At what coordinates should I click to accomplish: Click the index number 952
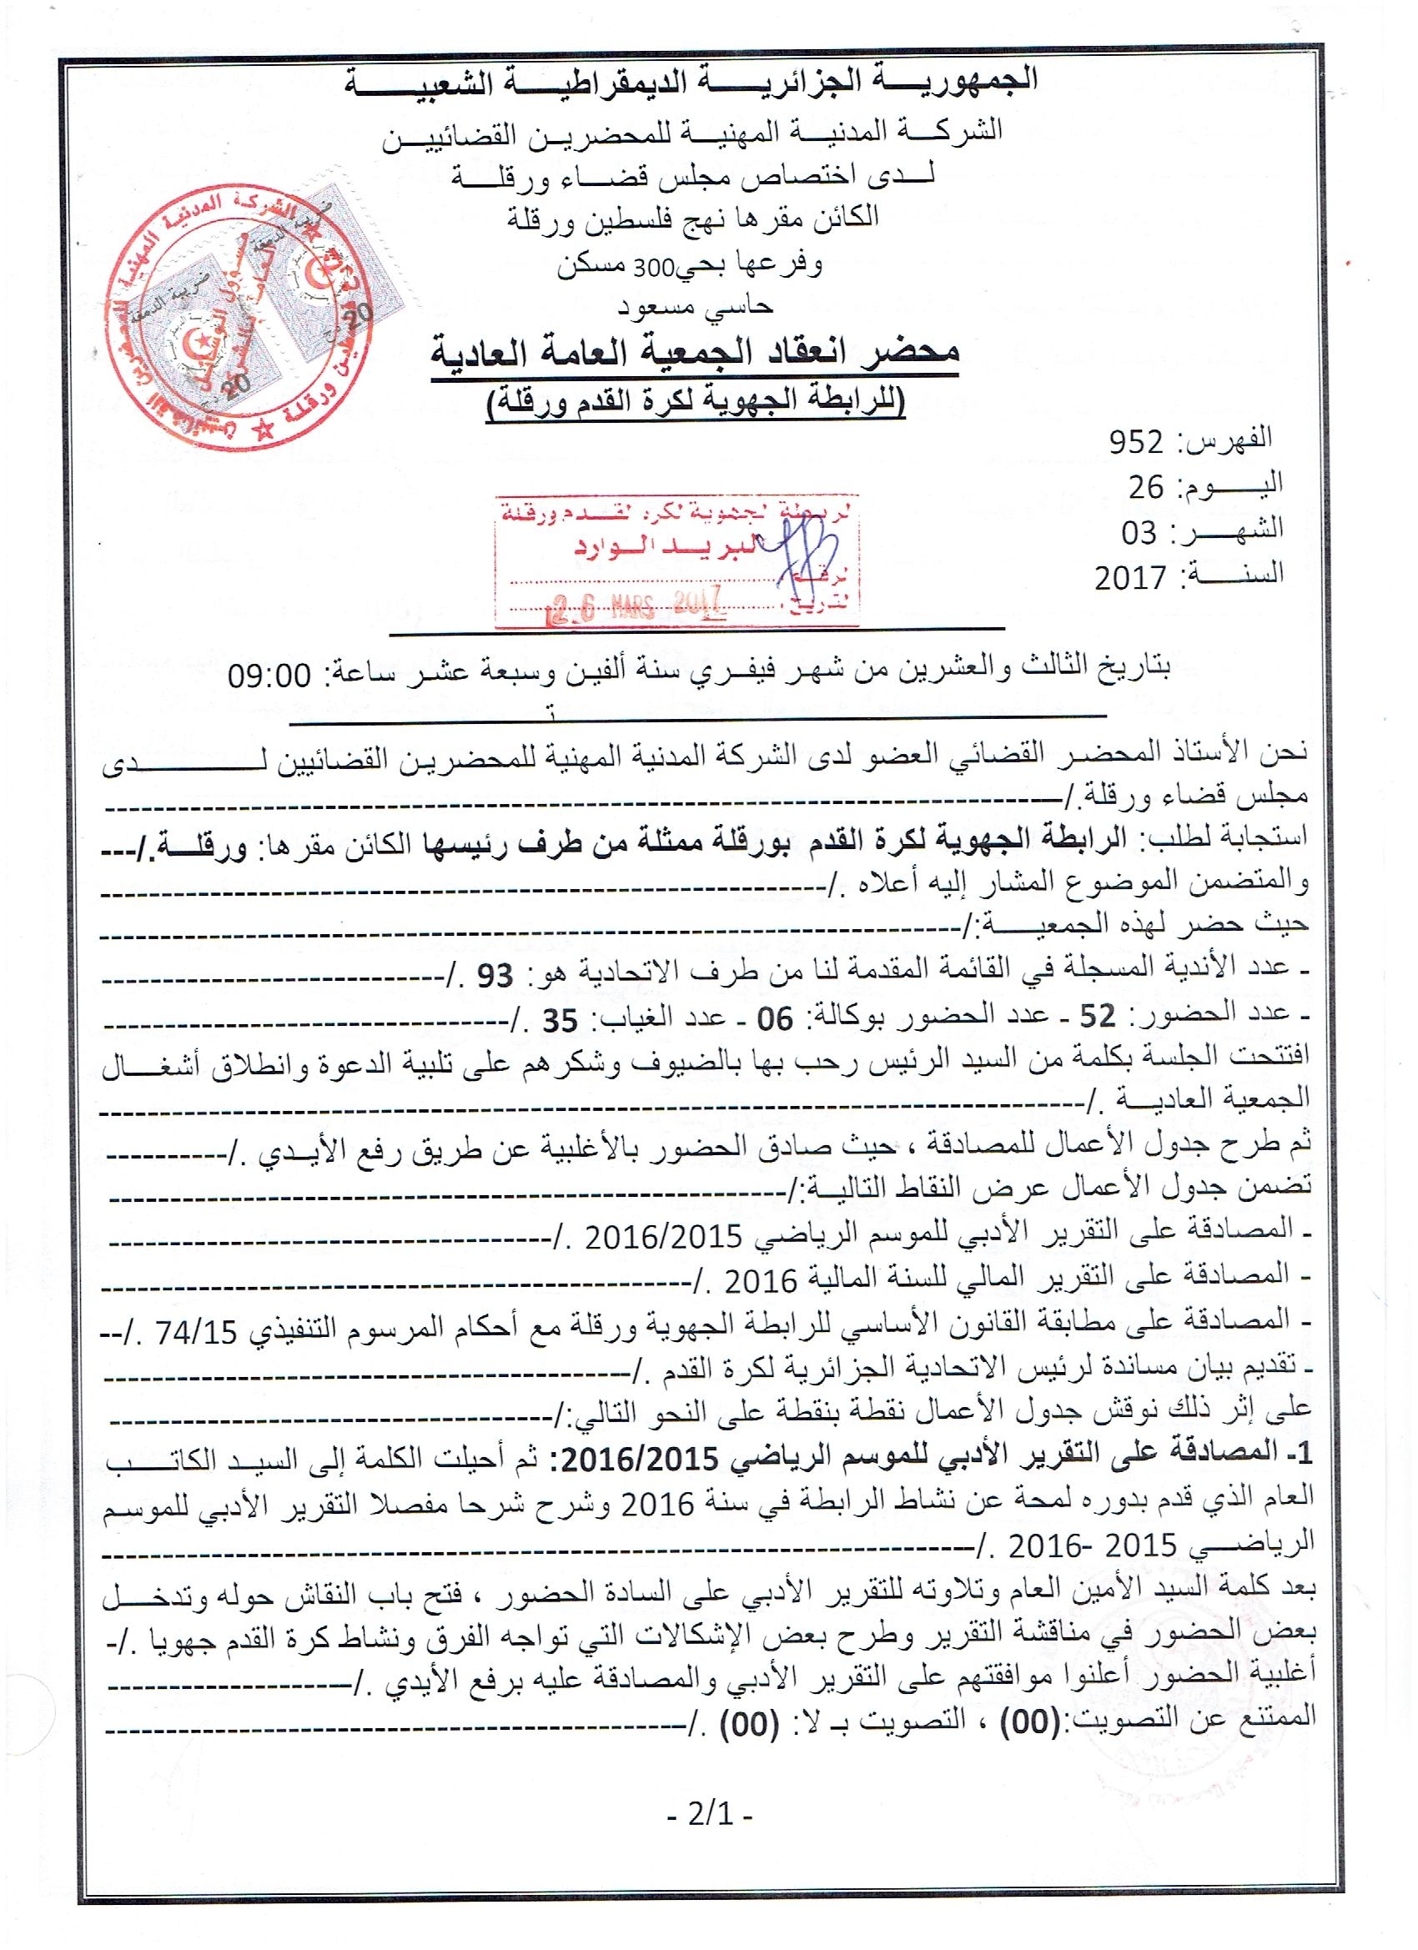pos(1135,442)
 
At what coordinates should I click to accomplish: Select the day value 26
pos(1145,487)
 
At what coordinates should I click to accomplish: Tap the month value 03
pos(1139,533)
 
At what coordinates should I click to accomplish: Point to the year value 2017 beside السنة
pos(1130,578)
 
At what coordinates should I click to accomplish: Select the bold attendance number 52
pos(1097,1018)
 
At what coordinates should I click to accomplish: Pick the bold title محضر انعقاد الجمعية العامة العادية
pos(695,354)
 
